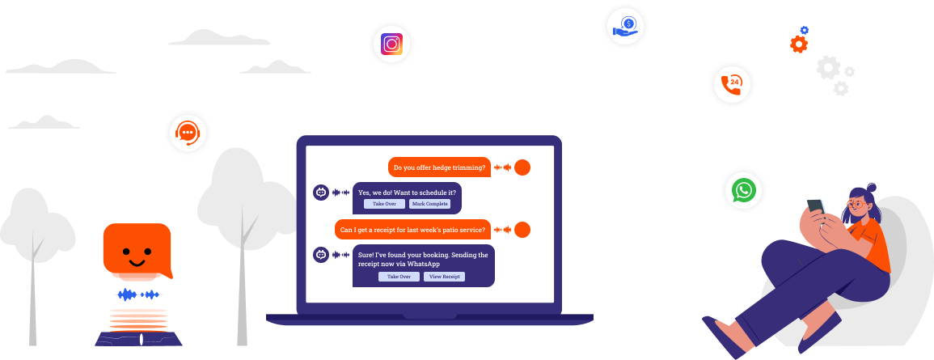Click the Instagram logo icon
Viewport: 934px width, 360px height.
(x=391, y=43)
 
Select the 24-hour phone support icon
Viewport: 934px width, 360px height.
(x=732, y=83)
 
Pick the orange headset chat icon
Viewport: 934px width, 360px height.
(x=188, y=131)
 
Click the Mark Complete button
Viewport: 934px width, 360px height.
(x=429, y=204)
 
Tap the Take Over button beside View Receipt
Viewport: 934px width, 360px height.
(x=399, y=277)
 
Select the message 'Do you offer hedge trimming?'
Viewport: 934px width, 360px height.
(x=438, y=168)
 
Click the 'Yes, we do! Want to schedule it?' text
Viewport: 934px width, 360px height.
(x=407, y=193)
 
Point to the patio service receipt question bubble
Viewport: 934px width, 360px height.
(x=412, y=230)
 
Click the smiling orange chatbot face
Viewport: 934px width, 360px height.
(x=137, y=251)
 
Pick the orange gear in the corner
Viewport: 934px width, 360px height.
(x=798, y=44)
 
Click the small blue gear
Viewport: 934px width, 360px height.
(x=804, y=30)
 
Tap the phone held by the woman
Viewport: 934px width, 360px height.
(x=817, y=205)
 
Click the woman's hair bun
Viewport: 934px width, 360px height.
(x=870, y=188)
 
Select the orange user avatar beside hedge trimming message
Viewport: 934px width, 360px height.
(x=522, y=167)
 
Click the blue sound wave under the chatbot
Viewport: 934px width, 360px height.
(x=138, y=295)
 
